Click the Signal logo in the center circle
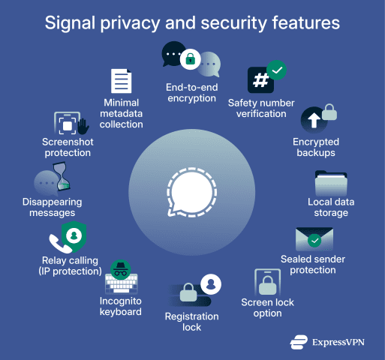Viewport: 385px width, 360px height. tap(192, 192)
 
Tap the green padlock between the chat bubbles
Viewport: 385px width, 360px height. tap(191, 59)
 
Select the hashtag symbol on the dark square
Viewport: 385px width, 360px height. tap(260, 80)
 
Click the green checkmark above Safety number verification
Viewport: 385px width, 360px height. tap(277, 70)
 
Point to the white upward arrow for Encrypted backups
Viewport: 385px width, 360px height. tap(314, 120)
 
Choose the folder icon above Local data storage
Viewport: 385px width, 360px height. tap(331, 183)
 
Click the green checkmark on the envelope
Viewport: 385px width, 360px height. tap(314, 241)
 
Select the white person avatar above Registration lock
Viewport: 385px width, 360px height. tap(211, 284)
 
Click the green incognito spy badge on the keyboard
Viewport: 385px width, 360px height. tap(121, 270)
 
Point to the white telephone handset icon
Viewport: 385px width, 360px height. tap(59, 243)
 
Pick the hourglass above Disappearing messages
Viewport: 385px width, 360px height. tap(62, 176)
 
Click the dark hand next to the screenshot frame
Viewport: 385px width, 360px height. tap(83, 126)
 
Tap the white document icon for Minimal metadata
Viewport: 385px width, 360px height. tap(122, 81)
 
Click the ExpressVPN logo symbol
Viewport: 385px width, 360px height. tap(299, 342)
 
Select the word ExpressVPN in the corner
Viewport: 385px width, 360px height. tap(338, 342)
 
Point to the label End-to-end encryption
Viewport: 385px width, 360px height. tap(192, 93)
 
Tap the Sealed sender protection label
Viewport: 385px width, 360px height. tap(313, 265)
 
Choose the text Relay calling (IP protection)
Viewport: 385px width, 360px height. tap(70, 265)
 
